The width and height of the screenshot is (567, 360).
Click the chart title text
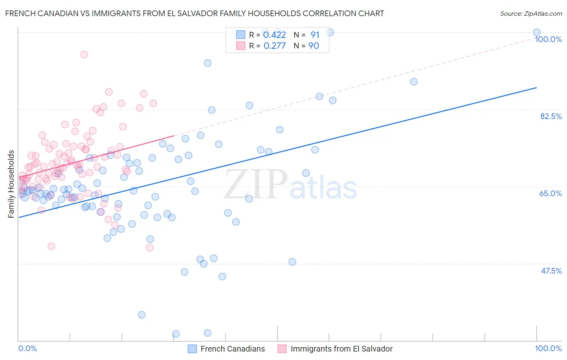tap(194, 13)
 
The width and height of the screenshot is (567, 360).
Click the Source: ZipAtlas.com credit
tap(531, 13)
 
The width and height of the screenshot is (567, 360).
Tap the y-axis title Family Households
tap(11, 184)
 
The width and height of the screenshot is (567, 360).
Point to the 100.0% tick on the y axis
tap(548, 39)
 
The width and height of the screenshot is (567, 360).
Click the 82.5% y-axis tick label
tap(551, 116)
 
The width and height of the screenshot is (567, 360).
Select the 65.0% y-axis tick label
tap(550, 193)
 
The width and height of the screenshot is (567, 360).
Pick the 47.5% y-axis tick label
tap(551, 271)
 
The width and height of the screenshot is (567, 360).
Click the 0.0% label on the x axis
tap(27, 348)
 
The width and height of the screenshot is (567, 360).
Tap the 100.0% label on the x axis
tap(548, 348)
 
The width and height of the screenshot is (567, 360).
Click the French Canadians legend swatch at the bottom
tap(192, 349)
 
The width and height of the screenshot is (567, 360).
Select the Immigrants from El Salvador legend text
tap(341, 349)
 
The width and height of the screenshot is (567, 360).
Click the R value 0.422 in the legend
tap(274, 35)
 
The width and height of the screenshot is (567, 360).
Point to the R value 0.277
tap(274, 46)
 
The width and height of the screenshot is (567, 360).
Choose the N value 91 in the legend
tap(315, 35)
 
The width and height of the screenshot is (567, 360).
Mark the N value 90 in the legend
tap(313, 46)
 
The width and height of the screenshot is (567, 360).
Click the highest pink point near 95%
tap(84, 54)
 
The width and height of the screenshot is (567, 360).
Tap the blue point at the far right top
tap(536, 33)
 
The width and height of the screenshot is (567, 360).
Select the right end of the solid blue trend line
tap(536, 88)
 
